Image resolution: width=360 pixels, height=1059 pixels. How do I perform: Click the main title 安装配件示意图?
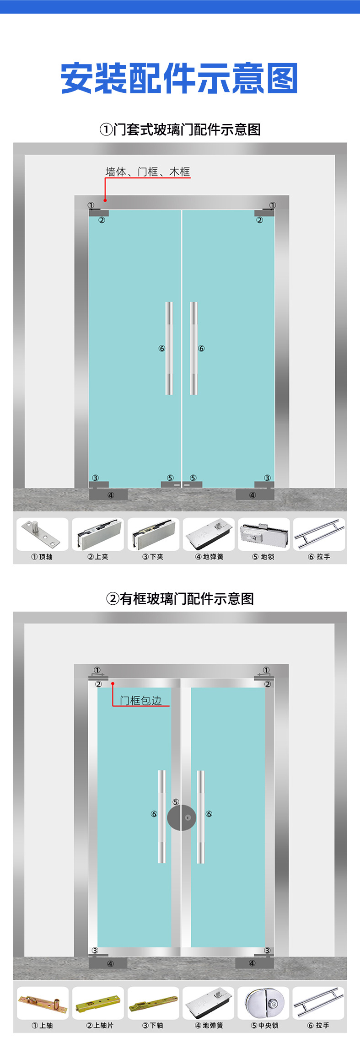click(179, 79)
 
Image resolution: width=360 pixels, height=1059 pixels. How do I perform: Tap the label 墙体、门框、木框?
click(147, 172)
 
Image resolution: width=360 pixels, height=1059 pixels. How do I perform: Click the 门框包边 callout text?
click(140, 700)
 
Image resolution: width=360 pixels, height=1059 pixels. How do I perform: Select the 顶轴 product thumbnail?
click(42, 534)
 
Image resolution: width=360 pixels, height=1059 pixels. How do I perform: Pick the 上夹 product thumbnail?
click(98, 534)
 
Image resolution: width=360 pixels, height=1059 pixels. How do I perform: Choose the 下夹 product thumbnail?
click(153, 534)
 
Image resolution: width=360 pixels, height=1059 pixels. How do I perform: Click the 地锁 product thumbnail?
click(264, 534)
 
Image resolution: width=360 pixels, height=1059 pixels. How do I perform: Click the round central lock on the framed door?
click(182, 817)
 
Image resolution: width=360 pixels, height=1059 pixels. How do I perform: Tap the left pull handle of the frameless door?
click(169, 348)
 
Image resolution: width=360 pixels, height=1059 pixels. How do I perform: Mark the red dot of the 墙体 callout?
click(105, 200)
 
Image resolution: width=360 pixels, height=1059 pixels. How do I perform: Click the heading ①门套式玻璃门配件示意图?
click(180, 129)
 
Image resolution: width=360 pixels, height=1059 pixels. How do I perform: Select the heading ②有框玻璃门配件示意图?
click(180, 598)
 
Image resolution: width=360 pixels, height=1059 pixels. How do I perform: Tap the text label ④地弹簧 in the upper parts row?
click(209, 557)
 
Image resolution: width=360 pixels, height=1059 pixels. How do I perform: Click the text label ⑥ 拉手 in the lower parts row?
click(318, 1026)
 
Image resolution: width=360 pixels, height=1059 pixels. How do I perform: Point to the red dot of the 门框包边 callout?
click(113, 683)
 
